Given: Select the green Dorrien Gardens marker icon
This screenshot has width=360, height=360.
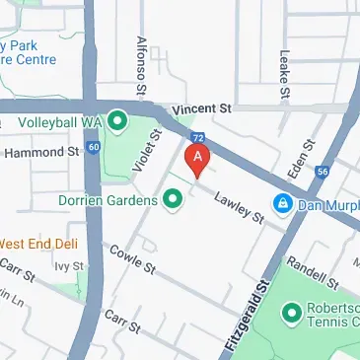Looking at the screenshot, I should pos(174,200).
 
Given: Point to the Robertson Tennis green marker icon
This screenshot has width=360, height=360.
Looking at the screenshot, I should pos(292,314).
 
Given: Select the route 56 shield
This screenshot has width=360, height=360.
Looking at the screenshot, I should pos(323,171).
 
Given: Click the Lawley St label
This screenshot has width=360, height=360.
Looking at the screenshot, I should pos(241,205).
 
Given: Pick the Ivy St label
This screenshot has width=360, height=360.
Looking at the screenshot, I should pos(67,265).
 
